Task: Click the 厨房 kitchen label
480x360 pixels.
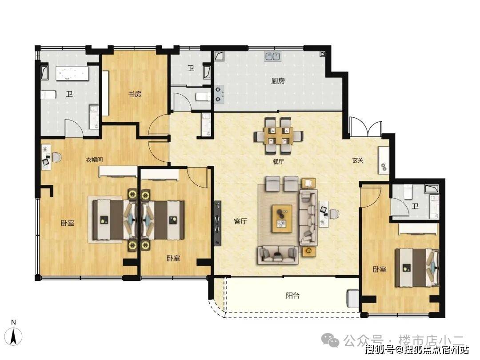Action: pyautogui.click(x=278, y=81)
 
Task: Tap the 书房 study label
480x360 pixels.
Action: pyautogui.click(x=135, y=94)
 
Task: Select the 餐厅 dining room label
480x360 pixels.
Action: pyautogui.click(x=278, y=162)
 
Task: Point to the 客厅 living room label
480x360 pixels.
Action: pyautogui.click(x=240, y=221)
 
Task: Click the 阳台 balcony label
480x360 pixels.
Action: pyautogui.click(x=292, y=296)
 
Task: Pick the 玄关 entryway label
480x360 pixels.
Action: pyautogui.click(x=357, y=160)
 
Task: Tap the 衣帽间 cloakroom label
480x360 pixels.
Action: pyautogui.click(x=94, y=160)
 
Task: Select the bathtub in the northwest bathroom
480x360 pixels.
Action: pyautogui.click(x=72, y=74)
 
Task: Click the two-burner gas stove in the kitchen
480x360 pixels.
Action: pyautogui.click(x=219, y=94)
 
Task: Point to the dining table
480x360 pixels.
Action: pyautogui.click(x=279, y=135)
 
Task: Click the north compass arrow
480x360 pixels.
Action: pyautogui.click(x=13, y=336)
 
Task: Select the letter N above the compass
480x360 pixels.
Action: pyautogui.click(x=13, y=322)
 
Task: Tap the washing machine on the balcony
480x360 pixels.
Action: pyautogui.click(x=352, y=299)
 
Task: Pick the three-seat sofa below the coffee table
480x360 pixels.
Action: pyautogui.click(x=278, y=255)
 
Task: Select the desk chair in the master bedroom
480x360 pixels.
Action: pyautogui.click(x=56, y=157)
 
